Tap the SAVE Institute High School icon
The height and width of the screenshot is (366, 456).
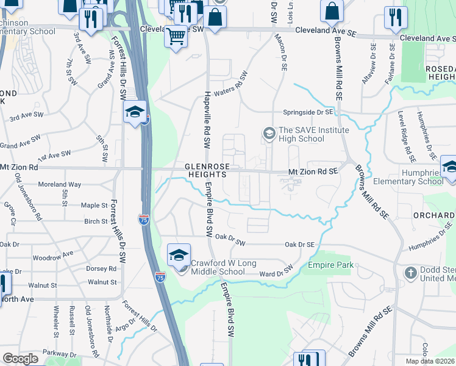tap(268, 133)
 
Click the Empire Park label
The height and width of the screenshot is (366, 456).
tap(330, 265)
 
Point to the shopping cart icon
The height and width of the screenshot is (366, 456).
tap(176, 36)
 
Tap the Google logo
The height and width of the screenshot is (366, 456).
tap(20, 359)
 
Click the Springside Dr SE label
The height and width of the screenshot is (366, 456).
tap(307, 112)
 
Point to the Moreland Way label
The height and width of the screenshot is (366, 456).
tap(59, 184)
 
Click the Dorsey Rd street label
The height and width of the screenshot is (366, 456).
tap(101, 268)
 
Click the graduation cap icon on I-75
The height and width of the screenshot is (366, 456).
tap(134, 112)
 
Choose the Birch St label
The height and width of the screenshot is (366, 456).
tap(96, 221)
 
